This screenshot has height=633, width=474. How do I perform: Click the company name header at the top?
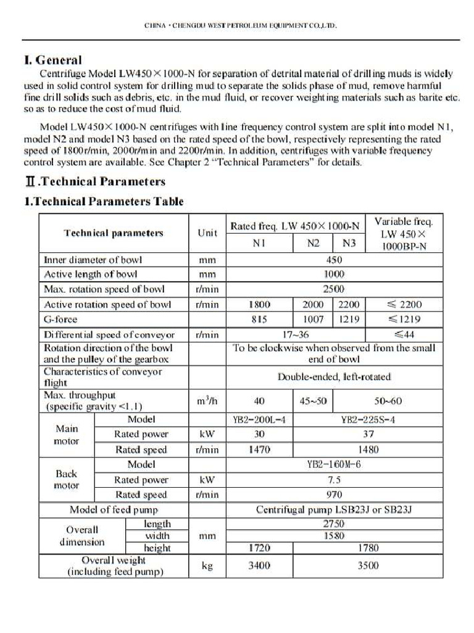pyautogui.click(x=241, y=26)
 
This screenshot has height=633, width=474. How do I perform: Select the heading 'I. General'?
pyautogui.click(x=52, y=60)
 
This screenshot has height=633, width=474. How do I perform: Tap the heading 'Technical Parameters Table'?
pyautogui.click(x=104, y=202)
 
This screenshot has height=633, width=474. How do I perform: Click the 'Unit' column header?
pyautogui.click(x=207, y=233)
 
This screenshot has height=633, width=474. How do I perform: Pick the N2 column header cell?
pyautogui.click(x=313, y=244)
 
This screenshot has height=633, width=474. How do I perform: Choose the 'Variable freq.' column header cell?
pyautogui.click(x=404, y=233)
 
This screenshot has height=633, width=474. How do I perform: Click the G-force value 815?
pyautogui.click(x=259, y=320)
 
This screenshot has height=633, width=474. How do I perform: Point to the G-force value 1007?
pyautogui.click(x=313, y=320)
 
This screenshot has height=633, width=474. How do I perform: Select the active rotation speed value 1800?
pyautogui.click(x=259, y=304)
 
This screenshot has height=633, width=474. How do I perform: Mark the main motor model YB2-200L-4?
pyautogui.click(x=259, y=419)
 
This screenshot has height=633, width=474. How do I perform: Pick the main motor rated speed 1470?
pyautogui.click(x=259, y=449)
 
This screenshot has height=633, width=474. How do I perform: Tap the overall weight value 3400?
pyautogui.click(x=259, y=566)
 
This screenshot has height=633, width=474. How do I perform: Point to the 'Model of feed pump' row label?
pyautogui.click(x=114, y=510)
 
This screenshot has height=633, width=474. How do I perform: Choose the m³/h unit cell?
pyautogui.click(x=207, y=401)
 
